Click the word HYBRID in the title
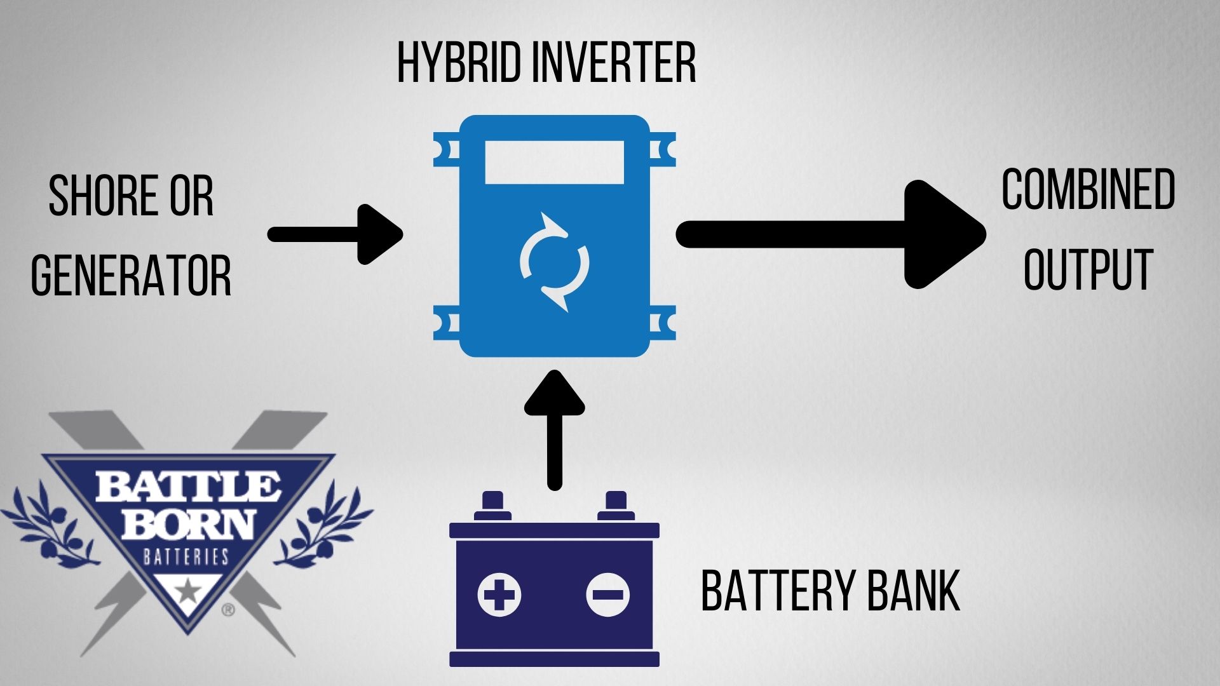tap(457, 63)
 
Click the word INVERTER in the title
tap(613, 63)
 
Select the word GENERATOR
tap(131, 275)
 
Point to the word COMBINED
tap(1088, 190)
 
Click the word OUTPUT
tap(1088, 269)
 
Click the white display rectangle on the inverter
tap(554, 163)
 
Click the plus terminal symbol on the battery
tap(499, 595)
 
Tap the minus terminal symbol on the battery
tap(607, 595)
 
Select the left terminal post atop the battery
tap(492, 506)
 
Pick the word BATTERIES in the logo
tap(186, 557)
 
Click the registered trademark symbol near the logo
tap(227, 610)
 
